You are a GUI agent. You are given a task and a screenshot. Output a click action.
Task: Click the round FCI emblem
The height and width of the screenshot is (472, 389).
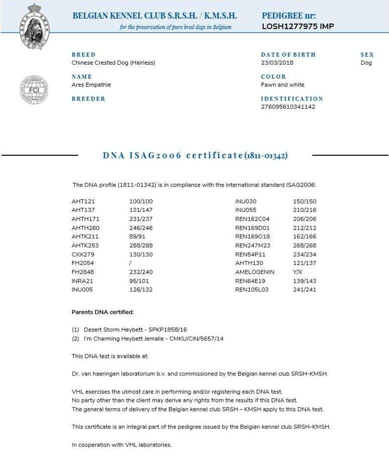click(34, 90)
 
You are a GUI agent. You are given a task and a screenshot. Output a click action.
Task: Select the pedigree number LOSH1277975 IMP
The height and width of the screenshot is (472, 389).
click(298, 27)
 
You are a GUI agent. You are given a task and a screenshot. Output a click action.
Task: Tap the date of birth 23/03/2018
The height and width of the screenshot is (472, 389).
click(277, 63)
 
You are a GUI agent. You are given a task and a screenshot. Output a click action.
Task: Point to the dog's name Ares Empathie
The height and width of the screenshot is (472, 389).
click(91, 85)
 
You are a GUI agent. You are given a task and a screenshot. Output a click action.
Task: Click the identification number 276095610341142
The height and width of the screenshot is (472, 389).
click(288, 107)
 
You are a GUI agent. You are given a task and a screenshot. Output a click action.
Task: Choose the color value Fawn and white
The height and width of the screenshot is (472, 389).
click(283, 85)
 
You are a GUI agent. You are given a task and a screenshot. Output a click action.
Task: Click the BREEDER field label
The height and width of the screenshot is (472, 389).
click(89, 99)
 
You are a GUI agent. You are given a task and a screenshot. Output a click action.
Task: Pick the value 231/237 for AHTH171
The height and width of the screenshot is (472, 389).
click(141, 218)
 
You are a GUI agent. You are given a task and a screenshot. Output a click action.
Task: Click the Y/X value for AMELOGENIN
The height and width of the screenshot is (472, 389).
click(298, 272)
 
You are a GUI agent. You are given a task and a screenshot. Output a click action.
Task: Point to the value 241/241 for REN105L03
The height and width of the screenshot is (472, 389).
click(304, 289)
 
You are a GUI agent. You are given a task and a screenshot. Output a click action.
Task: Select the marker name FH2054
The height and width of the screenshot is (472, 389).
click(83, 263)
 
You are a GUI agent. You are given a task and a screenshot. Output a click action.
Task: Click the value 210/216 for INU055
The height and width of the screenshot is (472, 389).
click(304, 209)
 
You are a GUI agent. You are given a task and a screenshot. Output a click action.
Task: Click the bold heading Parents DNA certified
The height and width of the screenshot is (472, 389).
click(103, 312)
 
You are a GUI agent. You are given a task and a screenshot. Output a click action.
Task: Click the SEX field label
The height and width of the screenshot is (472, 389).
click(367, 55)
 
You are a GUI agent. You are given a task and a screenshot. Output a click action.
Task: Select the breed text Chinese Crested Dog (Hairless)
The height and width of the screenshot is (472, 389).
click(113, 63)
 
